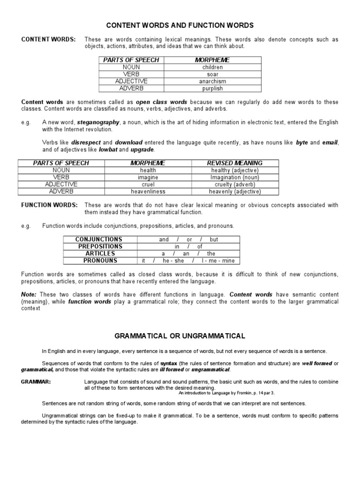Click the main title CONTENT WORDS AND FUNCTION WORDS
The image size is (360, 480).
coord(180,25)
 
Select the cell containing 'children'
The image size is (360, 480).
coord(212,67)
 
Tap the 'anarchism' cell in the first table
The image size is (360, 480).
coord(212,81)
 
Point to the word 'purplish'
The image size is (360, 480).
coord(212,88)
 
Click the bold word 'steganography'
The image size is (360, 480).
coord(97,122)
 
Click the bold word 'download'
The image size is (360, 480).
coord(129,142)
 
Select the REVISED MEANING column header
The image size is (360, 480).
coord(235,163)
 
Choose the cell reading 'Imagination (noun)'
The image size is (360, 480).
coord(235,177)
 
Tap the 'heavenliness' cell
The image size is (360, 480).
coord(148,191)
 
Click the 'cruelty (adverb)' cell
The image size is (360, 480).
coord(235,184)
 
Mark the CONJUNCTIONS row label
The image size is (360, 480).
coord(99,239)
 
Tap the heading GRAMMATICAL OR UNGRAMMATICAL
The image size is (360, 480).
coord(180,336)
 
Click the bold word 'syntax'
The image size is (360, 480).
coord(169,363)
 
